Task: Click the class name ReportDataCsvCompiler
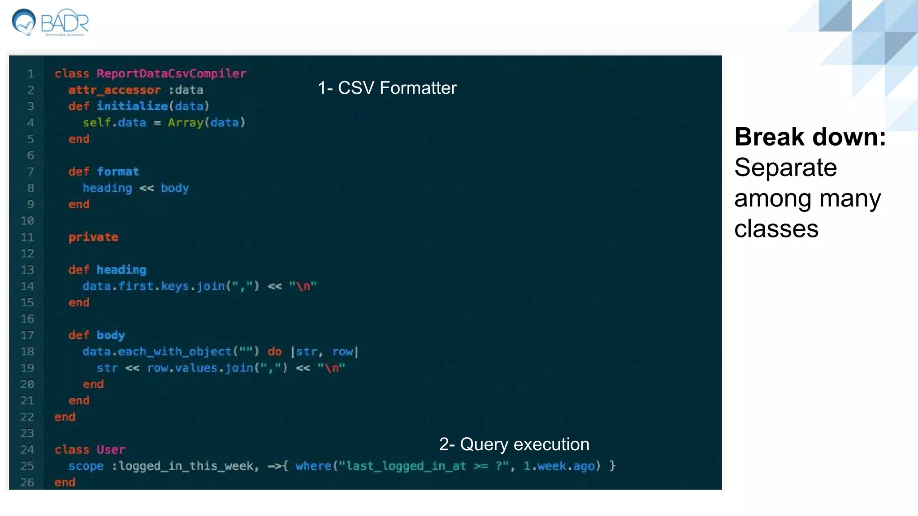171,73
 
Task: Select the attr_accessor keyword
114,90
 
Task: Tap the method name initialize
132,106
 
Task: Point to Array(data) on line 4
206,123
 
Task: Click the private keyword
93,237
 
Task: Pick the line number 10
27,221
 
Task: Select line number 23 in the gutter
27,433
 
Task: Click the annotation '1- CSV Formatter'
387,88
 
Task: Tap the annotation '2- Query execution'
514,444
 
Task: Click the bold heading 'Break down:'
810,137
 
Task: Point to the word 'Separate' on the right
785,168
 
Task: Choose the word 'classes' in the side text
776,229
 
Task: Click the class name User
111,450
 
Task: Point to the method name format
118,172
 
